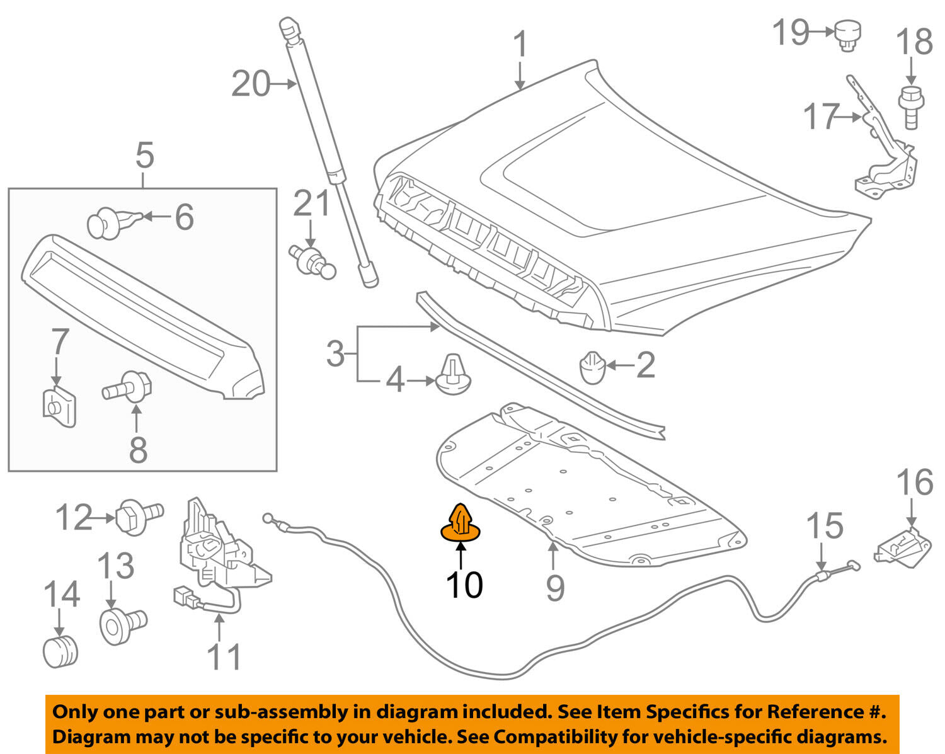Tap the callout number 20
pos(250,84)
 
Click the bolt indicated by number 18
pos(909,107)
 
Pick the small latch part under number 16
pos(903,547)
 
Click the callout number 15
pos(824,526)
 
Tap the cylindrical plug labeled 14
pos(60,651)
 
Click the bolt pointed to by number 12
pos(139,517)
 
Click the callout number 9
pos(554,587)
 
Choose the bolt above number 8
pos(129,386)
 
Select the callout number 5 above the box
pos(144,156)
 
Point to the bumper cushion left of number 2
pos(591,367)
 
